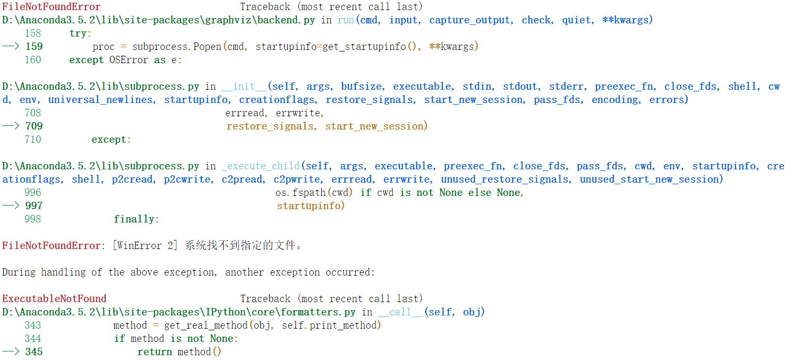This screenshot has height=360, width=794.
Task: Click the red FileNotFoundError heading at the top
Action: (52, 7)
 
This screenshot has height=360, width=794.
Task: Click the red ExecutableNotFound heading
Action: (54, 299)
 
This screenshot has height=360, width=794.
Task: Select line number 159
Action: (34, 47)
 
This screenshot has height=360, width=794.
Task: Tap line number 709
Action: (34, 126)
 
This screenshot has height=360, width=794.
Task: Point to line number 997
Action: (34, 206)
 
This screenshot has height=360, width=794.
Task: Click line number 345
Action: (34, 352)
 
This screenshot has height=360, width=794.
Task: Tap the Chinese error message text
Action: (244, 246)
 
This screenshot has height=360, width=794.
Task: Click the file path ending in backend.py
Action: (159, 20)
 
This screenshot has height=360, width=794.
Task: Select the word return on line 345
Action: (155, 352)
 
